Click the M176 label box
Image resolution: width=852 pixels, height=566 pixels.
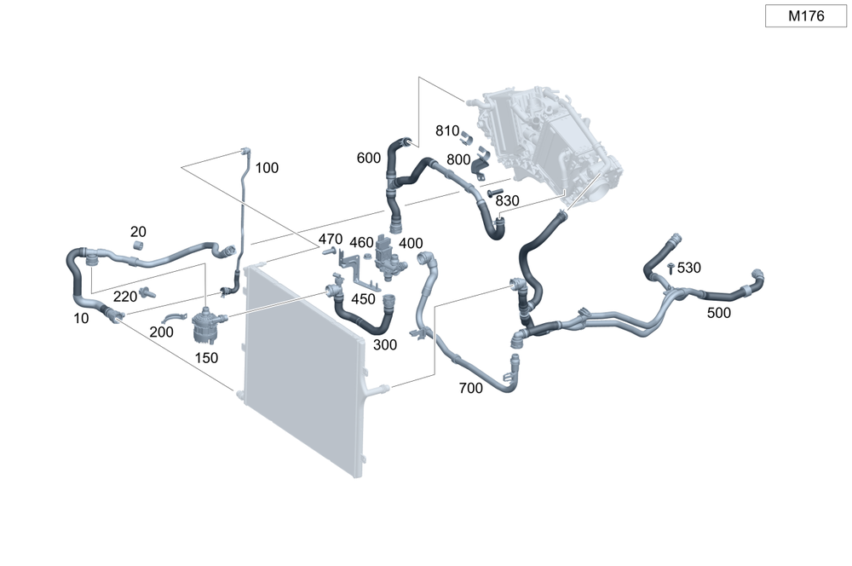click(805, 16)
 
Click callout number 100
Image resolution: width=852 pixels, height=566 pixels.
click(267, 168)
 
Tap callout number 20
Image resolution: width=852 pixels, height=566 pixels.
click(138, 232)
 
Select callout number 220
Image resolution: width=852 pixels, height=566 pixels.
click(125, 297)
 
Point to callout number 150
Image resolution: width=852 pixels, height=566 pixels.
click(208, 358)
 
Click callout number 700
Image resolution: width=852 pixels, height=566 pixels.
click(470, 388)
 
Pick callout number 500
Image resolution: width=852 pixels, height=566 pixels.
click(719, 313)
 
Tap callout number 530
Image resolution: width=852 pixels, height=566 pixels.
click(689, 268)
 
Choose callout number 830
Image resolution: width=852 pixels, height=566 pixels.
click(507, 200)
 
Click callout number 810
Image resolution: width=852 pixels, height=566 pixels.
click(447, 130)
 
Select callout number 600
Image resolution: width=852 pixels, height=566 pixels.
click(369, 158)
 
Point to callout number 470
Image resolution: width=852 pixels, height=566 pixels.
click(331, 239)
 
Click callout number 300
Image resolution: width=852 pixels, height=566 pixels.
click(385, 344)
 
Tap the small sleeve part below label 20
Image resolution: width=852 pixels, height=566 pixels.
click(138, 247)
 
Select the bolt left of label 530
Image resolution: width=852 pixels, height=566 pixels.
click(671, 269)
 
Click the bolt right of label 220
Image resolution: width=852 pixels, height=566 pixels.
click(147, 293)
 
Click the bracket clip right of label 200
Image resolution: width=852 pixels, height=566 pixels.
click(175, 320)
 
